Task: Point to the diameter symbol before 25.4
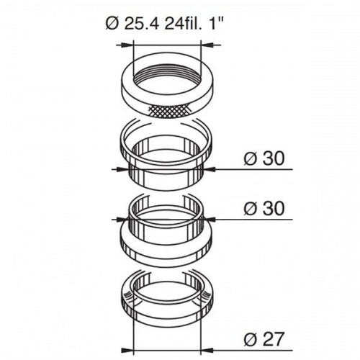pyautogui.click(x=111, y=23)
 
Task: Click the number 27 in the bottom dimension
pyautogui.click(x=274, y=336)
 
